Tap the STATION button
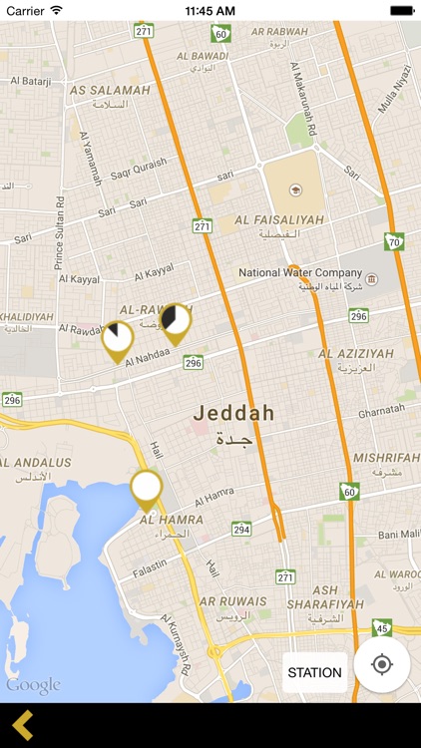(x=314, y=672)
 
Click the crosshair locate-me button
(x=381, y=665)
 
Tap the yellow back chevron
(x=23, y=725)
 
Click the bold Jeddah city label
(x=232, y=412)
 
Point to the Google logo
(x=33, y=685)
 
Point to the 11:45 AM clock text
(x=210, y=10)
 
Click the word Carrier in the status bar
(x=26, y=10)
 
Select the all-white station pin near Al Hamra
(x=147, y=488)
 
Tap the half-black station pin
(x=176, y=320)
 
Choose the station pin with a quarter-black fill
(x=117, y=338)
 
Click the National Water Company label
(x=300, y=272)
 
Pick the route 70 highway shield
(x=395, y=241)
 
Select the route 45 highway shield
(x=381, y=627)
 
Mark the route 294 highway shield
(x=241, y=529)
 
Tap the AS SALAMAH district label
(x=110, y=90)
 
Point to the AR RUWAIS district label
(x=232, y=601)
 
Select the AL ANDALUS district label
(x=36, y=463)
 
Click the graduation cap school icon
(x=294, y=189)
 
